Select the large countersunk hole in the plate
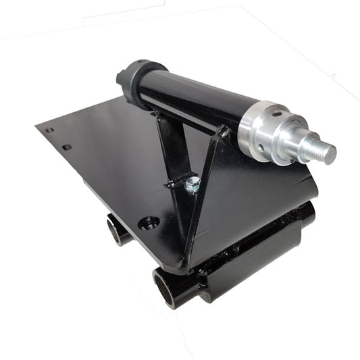[149, 222]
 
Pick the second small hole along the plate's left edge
[66, 147]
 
